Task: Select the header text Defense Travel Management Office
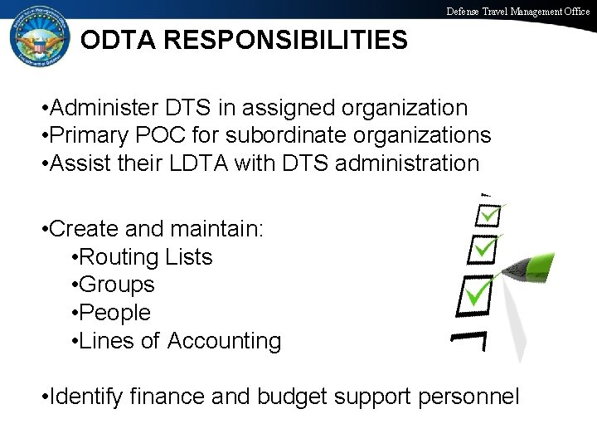coord(518,12)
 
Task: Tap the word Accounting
coord(225,341)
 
